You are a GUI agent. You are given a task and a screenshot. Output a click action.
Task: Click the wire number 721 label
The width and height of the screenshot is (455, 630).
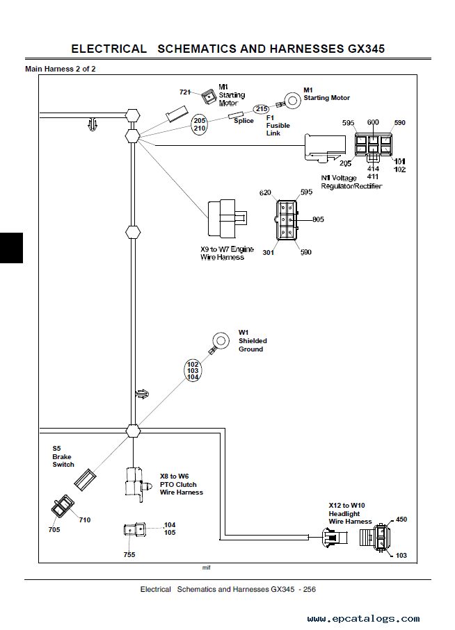[x=185, y=92]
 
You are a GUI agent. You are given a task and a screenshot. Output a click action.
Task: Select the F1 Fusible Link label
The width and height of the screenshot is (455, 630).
[x=278, y=125]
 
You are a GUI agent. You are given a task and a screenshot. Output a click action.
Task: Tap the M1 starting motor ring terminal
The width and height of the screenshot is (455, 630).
[x=292, y=101]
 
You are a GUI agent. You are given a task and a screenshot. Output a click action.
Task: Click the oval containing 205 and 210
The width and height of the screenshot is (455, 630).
[x=200, y=124]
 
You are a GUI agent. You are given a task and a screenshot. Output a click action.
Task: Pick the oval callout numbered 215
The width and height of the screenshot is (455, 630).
[x=261, y=109]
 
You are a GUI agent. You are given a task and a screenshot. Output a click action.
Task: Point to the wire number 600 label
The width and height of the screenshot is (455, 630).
[x=373, y=122]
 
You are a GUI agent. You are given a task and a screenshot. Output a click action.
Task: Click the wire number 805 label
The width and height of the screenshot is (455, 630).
[x=318, y=219]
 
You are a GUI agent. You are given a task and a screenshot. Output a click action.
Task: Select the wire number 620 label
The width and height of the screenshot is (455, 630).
[x=265, y=192]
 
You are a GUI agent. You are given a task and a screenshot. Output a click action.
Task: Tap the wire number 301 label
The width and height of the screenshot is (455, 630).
[x=268, y=252]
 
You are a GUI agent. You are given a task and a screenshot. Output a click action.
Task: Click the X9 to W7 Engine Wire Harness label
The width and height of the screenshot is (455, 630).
[x=223, y=253]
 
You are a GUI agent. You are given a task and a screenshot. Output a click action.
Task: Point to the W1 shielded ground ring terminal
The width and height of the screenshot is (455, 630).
[x=222, y=340]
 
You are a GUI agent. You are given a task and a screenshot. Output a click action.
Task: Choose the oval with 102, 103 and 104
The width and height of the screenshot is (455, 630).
[x=193, y=370]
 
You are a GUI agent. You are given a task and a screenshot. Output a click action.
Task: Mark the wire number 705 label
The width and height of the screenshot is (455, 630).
[x=54, y=530]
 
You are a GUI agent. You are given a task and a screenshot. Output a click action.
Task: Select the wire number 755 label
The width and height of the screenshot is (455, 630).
[x=129, y=554]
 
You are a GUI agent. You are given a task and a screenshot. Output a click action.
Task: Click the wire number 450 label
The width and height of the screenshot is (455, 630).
[x=401, y=519]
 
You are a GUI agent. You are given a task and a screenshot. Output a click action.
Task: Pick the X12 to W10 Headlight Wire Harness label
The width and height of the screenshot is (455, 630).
[x=351, y=513]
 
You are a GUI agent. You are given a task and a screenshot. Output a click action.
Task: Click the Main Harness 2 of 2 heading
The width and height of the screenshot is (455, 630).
[x=60, y=69]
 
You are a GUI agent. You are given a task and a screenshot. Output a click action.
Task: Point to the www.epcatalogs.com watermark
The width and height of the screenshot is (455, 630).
[x=363, y=618]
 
